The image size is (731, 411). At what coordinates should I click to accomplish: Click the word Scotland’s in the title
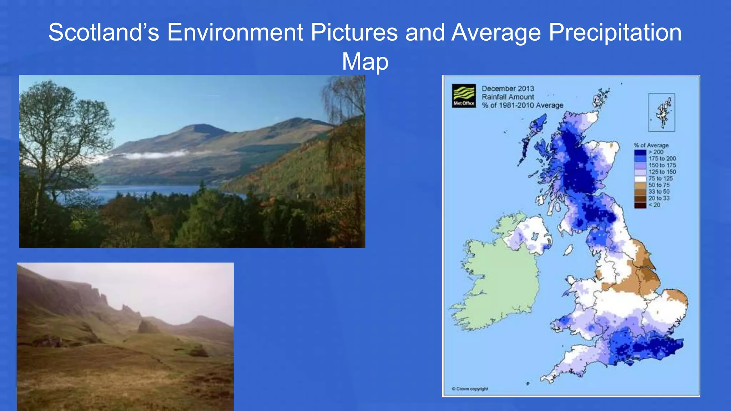pyautogui.click(x=104, y=32)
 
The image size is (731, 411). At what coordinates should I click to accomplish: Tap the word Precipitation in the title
pyautogui.click(x=615, y=32)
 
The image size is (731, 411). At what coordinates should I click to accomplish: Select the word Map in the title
pyautogui.click(x=365, y=61)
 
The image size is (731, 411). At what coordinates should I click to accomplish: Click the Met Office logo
pyautogui.click(x=464, y=96)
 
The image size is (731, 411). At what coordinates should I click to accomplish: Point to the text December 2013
pyautogui.click(x=508, y=88)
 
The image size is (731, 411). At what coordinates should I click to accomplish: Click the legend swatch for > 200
pyautogui.click(x=640, y=152)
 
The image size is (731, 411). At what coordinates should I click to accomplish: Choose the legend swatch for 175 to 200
pyautogui.click(x=640, y=159)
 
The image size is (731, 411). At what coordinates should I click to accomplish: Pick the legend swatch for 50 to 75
pyautogui.click(x=640, y=185)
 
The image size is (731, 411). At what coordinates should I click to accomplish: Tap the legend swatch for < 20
pyautogui.click(x=640, y=205)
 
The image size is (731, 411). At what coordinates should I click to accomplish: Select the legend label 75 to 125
pyautogui.click(x=660, y=178)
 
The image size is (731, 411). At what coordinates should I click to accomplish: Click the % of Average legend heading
pyautogui.click(x=651, y=145)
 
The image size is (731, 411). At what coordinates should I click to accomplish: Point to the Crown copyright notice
pyautogui.click(x=470, y=389)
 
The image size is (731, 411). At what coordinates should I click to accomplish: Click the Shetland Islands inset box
pyautogui.click(x=661, y=112)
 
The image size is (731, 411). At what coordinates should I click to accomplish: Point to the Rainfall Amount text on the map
pyautogui.click(x=508, y=97)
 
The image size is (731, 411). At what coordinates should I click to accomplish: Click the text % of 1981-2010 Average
pyautogui.click(x=522, y=105)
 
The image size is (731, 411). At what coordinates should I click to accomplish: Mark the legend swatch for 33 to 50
pyautogui.click(x=640, y=192)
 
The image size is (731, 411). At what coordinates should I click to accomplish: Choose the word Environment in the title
pyautogui.click(x=235, y=32)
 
